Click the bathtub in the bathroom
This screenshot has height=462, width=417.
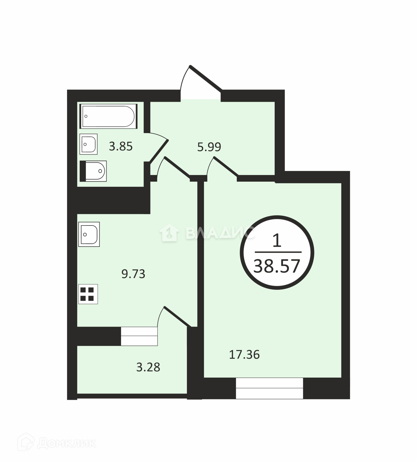point(108,116)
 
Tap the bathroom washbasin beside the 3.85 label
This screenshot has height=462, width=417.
point(88,144)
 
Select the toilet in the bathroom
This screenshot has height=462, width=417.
point(93,171)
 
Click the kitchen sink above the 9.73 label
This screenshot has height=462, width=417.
point(89,234)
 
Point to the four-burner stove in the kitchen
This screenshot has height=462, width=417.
point(88,294)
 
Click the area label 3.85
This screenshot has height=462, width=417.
point(121,147)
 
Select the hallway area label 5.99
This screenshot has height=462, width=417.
point(209,147)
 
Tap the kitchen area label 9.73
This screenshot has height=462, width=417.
point(133,274)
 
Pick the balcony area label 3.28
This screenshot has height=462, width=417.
point(148,367)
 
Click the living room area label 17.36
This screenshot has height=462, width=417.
point(244,355)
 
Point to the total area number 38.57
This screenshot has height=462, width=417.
point(277,266)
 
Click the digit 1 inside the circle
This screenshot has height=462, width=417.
point(277,241)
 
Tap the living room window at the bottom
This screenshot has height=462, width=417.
point(269,388)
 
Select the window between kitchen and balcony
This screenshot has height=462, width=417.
point(139,336)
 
